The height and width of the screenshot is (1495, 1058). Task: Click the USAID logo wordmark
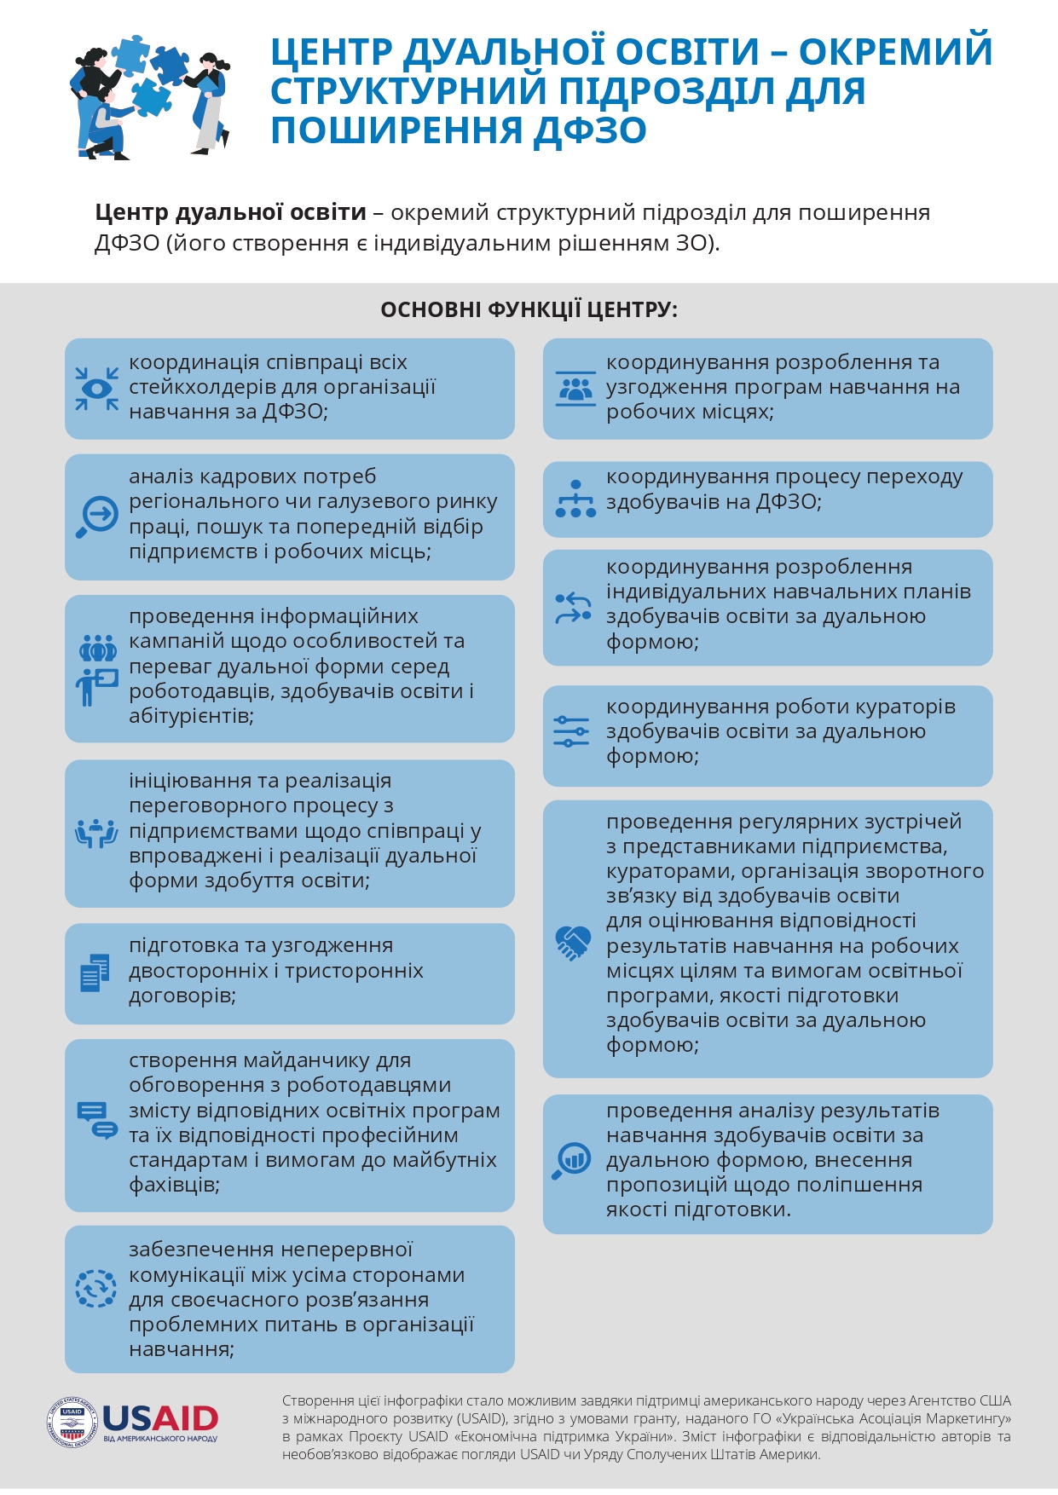(x=160, y=1418)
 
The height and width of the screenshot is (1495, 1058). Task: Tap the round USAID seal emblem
(x=72, y=1422)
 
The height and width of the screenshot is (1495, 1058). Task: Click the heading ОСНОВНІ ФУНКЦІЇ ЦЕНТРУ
(x=529, y=309)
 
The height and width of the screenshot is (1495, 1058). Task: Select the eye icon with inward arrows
(x=96, y=389)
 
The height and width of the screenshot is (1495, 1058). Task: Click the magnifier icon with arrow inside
(x=97, y=517)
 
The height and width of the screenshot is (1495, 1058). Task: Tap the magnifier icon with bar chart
(x=571, y=1160)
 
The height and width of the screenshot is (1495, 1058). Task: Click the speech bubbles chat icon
(x=96, y=1120)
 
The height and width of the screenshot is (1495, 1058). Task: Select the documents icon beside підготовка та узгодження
(x=95, y=973)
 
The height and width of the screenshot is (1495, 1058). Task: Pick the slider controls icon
(x=571, y=731)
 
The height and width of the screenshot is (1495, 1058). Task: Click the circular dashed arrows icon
(x=96, y=1288)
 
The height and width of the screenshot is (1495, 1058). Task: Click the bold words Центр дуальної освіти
(x=230, y=212)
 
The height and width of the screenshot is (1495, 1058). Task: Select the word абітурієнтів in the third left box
(x=191, y=716)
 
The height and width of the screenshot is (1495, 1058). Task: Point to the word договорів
(x=182, y=996)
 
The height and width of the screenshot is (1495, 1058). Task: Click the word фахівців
(x=174, y=1185)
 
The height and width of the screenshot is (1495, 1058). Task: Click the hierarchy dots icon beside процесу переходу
(x=575, y=499)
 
